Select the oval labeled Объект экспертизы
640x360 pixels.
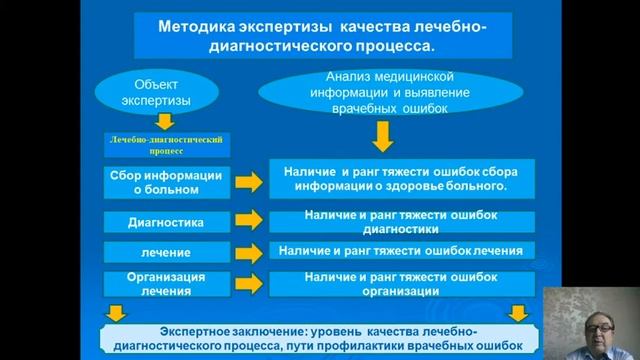(x=154, y=93)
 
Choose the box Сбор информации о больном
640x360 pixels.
(x=165, y=182)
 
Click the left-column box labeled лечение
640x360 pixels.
(x=165, y=252)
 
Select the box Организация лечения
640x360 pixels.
(x=165, y=283)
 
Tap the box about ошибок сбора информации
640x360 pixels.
(x=400, y=178)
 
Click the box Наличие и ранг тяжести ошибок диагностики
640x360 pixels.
(x=400, y=221)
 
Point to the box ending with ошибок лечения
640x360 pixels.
(x=400, y=250)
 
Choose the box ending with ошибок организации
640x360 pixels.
(x=400, y=283)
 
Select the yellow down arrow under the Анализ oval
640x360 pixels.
(x=384, y=135)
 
